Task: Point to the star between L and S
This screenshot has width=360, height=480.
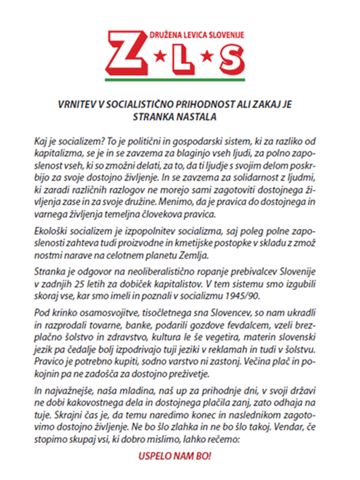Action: tap(208, 58)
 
